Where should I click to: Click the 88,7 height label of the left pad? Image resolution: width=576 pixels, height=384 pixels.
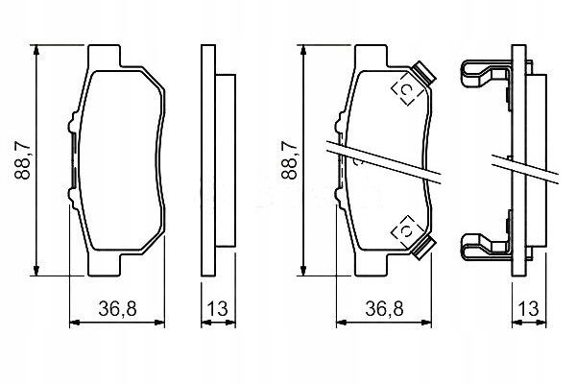pyautogui.click(x=22, y=160)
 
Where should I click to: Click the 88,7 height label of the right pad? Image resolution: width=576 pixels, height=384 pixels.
pyautogui.click(x=290, y=160)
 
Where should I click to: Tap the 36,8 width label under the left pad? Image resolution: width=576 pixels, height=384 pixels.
pyautogui.click(x=117, y=309)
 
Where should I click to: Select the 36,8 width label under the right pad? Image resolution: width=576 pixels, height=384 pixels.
pyautogui.click(x=385, y=309)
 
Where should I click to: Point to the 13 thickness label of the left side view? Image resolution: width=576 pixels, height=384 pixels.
pyautogui.click(x=218, y=309)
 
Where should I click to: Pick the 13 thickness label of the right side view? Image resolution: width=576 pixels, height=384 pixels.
pyautogui.click(x=529, y=309)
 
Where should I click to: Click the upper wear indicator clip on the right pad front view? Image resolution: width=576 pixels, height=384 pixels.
pyautogui.click(x=422, y=72)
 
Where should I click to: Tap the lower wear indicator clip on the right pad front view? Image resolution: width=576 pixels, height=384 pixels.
pyautogui.click(x=422, y=248)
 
